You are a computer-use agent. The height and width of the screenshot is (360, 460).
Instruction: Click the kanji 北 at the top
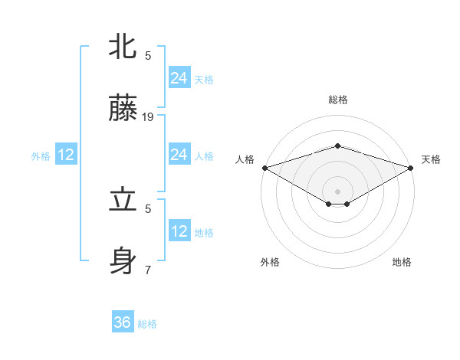pyautogui.click(x=123, y=47)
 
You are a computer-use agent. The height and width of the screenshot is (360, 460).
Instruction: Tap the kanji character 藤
pyautogui.click(x=123, y=110)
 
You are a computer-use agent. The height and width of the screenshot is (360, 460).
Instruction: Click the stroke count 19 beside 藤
pyautogui.click(x=148, y=117)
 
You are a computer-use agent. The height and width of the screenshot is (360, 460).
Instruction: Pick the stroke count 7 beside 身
pyautogui.click(x=148, y=270)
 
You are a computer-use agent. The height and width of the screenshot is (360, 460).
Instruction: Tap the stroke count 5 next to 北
pyautogui.click(x=148, y=55)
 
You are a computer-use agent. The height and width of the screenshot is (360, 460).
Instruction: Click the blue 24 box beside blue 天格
pyautogui.click(x=179, y=78)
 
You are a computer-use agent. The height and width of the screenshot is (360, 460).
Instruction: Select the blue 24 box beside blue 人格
pyautogui.click(x=179, y=155)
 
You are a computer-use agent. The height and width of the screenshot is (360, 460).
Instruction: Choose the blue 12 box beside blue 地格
pyautogui.click(x=179, y=231)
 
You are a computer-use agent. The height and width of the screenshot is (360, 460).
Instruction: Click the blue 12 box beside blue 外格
pyautogui.click(x=65, y=155)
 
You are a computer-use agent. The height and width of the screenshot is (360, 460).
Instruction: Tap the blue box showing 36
pyautogui.click(x=123, y=322)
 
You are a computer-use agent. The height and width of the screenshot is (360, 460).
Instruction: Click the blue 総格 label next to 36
pyautogui.click(x=147, y=324)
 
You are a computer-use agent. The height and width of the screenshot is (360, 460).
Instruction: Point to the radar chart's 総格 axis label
pyautogui.click(x=337, y=100)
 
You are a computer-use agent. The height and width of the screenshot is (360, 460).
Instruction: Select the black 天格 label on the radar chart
pyautogui.click(x=431, y=159)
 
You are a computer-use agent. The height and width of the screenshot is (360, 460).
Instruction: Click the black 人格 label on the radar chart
pyautogui.click(x=245, y=159)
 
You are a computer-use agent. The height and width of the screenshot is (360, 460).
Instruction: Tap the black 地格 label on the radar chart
pyautogui.click(x=402, y=262)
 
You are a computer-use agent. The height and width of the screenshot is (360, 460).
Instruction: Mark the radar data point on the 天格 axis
pyautogui.click(x=412, y=167)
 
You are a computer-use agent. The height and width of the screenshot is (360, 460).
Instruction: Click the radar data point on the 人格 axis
pyautogui.click(x=264, y=167)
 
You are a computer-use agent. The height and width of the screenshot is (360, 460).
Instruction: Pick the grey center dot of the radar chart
pyautogui.click(x=337, y=191)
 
